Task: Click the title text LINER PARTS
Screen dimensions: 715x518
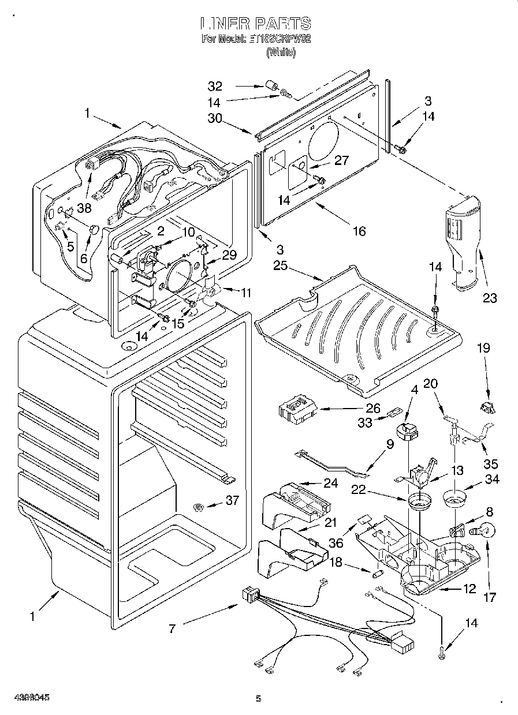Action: tap(255, 24)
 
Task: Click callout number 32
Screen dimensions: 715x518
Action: tap(215, 87)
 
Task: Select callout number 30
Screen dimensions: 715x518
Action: tap(215, 118)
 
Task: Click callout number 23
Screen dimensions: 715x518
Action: tap(490, 298)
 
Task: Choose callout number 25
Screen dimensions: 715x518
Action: tap(281, 266)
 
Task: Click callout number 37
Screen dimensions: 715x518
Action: tap(232, 501)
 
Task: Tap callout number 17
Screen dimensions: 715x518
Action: tap(489, 597)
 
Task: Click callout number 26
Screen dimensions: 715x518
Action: tap(372, 409)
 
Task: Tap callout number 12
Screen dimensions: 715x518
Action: tap(469, 589)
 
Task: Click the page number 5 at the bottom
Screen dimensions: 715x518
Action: tap(258, 699)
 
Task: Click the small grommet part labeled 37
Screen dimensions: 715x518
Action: tap(198, 507)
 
